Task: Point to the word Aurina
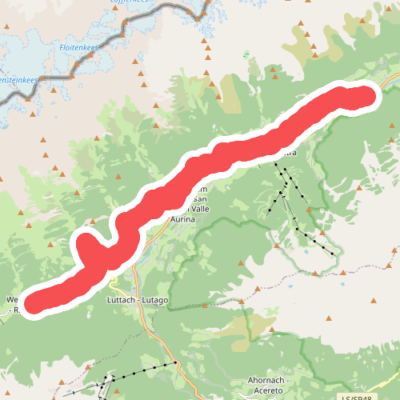pyautogui.click(x=183, y=218)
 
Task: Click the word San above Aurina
pyautogui.click(x=201, y=199)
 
